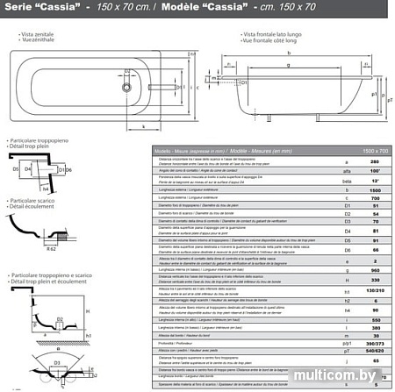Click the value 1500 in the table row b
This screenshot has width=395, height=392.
point(373,189)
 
